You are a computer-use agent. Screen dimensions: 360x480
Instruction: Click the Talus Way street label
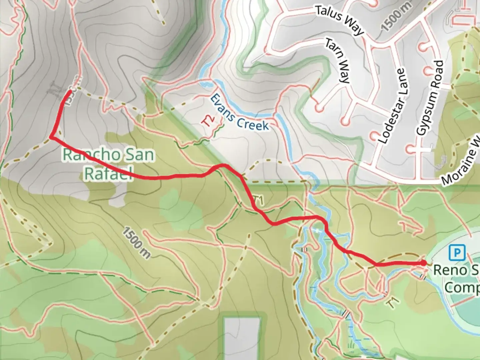pyautogui.click(x=339, y=20)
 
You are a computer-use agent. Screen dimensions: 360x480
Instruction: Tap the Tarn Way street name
pyautogui.click(x=337, y=61)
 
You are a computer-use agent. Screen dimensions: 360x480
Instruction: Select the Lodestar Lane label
pyautogui.click(x=392, y=106)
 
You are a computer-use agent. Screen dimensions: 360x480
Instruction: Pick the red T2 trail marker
pyautogui.click(x=208, y=121)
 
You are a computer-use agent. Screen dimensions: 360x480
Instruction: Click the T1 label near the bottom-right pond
pyautogui.click(x=394, y=303)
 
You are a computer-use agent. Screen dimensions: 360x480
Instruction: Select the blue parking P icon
pyautogui.click(x=457, y=253)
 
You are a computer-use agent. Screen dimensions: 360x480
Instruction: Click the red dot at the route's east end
pyautogui.click(x=424, y=263)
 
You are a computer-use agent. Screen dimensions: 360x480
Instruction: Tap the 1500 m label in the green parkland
pyautogui.click(x=136, y=242)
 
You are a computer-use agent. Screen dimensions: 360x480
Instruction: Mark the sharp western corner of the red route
pyautogui.click(x=51, y=137)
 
